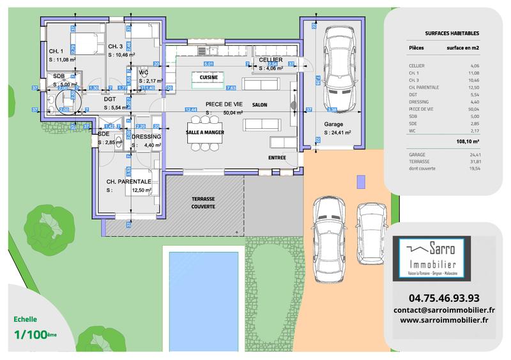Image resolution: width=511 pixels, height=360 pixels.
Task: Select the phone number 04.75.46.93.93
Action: point(444,297)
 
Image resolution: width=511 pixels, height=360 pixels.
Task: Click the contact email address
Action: point(444,310)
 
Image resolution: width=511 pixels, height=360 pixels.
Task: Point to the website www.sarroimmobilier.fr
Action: point(444,320)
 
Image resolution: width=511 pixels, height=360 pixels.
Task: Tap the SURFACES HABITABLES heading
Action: point(452,33)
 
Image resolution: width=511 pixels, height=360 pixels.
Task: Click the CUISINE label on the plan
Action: point(208,77)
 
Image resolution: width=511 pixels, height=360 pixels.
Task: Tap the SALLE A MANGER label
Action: point(204,132)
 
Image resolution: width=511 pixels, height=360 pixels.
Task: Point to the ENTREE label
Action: point(277,158)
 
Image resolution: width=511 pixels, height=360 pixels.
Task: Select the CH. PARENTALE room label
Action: point(129,181)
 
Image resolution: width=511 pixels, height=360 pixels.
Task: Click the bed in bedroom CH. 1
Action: point(86,44)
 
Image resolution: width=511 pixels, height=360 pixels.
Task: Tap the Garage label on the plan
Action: point(333,124)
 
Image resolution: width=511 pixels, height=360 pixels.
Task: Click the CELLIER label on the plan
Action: point(270,59)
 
